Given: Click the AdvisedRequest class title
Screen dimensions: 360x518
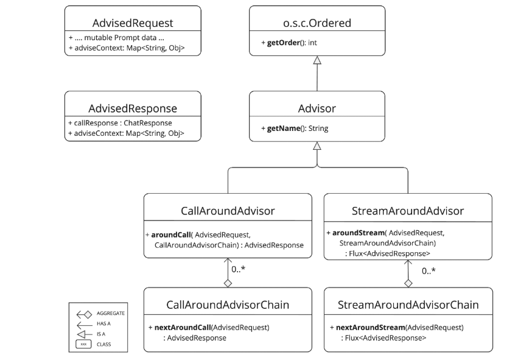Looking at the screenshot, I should (133, 23).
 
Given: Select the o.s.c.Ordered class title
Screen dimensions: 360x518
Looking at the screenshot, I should (317, 23).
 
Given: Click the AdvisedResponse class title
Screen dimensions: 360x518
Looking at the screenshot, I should (133, 108).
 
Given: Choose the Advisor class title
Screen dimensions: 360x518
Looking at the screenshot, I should (317, 108).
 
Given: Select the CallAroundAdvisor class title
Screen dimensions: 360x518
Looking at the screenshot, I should (228, 211).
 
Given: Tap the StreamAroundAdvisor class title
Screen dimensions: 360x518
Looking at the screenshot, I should (408, 211).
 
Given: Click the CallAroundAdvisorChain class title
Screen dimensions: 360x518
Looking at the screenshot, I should (228, 304).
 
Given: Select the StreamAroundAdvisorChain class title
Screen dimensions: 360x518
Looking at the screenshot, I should (408, 304).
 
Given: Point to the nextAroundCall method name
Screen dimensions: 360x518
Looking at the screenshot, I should (181, 328).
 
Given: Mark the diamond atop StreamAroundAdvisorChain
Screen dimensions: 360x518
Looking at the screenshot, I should (408, 283).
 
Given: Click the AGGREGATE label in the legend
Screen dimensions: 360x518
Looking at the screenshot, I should (111, 313).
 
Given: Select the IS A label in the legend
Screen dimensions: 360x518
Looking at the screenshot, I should (101, 334).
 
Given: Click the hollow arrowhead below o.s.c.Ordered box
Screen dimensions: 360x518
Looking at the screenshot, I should (317, 60).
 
